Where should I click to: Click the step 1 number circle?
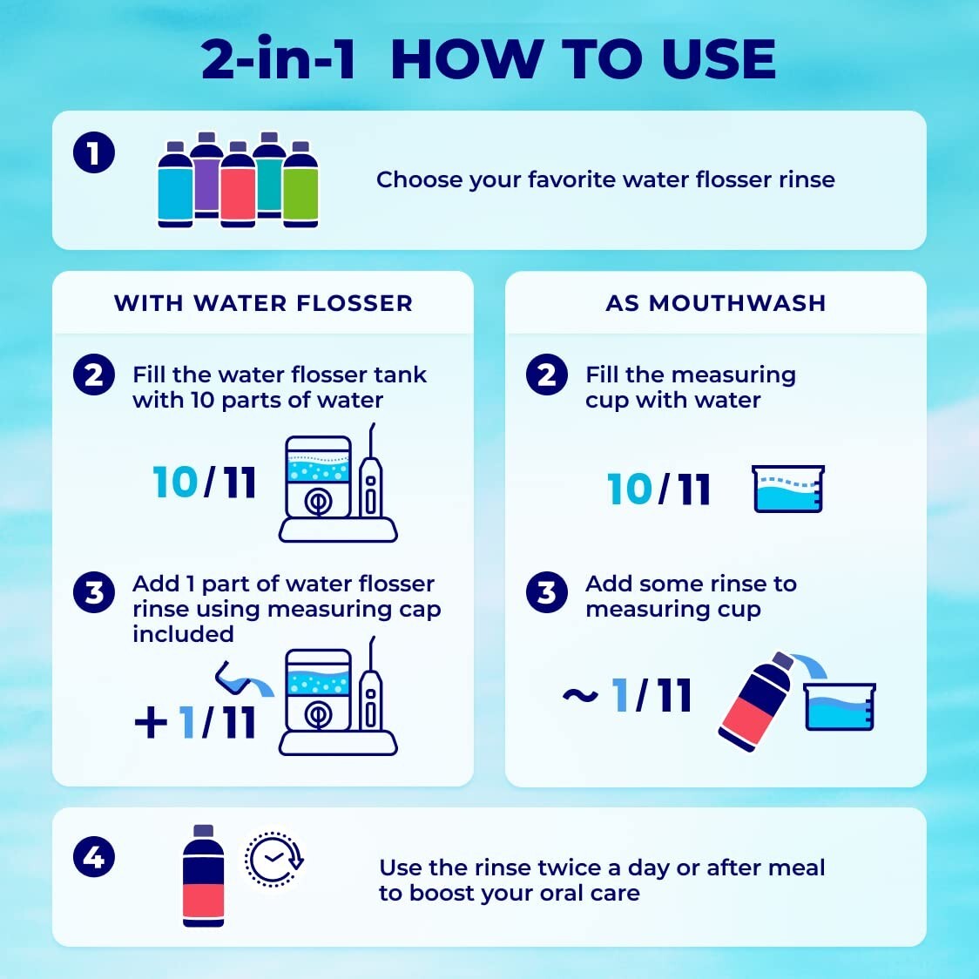[x=94, y=154]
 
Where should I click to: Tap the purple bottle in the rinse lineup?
[x=206, y=174]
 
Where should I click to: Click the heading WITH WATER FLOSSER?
[x=263, y=303]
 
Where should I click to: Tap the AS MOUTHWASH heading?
[x=715, y=303]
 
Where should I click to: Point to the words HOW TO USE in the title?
[x=583, y=59]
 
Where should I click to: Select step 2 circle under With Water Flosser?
[x=94, y=375]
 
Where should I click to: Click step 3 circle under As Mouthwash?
[x=547, y=593]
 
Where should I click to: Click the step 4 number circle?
[x=94, y=858]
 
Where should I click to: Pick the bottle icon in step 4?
[x=203, y=875]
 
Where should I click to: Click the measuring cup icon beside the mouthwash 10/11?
[x=787, y=489]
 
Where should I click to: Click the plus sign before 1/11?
[x=151, y=722]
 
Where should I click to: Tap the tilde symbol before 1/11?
[x=580, y=696]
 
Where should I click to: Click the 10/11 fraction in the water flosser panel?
[x=205, y=483]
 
